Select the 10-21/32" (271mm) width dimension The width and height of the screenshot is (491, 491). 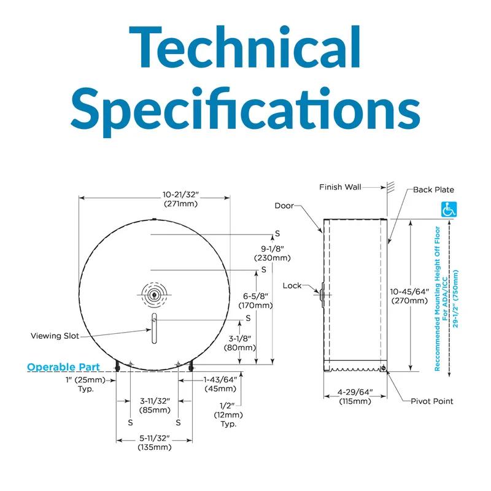[x=181, y=198]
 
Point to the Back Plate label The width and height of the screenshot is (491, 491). [x=433, y=190]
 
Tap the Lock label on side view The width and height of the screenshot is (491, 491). [x=292, y=285]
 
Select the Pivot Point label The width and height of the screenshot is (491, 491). [x=432, y=401]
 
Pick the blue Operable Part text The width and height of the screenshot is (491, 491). [x=63, y=367]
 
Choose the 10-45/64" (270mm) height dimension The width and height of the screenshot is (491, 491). [x=410, y=295]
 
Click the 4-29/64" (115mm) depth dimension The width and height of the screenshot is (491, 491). [x=355, y=397]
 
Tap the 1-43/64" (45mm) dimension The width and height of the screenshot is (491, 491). [x=220, y=384]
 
